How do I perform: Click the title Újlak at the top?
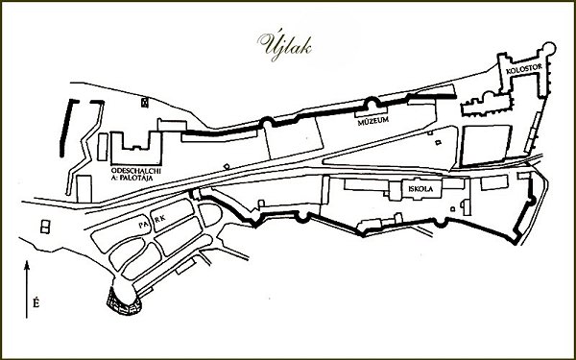pos(285,46)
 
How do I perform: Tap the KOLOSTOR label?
pos(519,71)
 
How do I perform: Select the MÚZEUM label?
pos(372,121)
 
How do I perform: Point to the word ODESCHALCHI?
pos(136,171)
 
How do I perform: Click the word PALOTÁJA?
pos(137,179)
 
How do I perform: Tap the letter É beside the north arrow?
pos(36,303)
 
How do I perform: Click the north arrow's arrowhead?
pos(27,265)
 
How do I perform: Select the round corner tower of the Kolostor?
pos(548,49)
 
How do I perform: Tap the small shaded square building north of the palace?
pos(145,103)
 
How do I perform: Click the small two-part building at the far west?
pos(45,227)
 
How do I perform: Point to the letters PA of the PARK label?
pos(143,225)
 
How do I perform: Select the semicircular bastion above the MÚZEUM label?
pos(372,103)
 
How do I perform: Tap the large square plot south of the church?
pos(486,146)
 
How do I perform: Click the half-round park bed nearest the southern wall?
pos(210,214)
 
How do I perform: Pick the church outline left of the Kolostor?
pos(486,104)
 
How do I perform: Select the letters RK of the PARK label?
pos(160,219)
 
